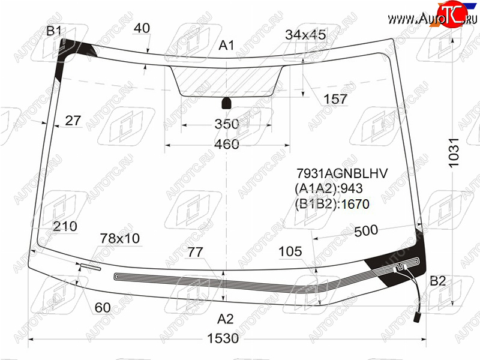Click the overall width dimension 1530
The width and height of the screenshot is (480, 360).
click(x=223, y=338)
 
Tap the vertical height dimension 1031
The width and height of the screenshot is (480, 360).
click(x=454, y=152)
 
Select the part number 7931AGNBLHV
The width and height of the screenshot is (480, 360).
click(x=342, y=173)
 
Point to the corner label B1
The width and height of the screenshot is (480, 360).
click(x=54, y=31)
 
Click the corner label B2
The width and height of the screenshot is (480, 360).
click(x=438, y=281)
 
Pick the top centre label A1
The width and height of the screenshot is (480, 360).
click(x=226, y=46)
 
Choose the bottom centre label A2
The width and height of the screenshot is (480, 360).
click(x=226, y=319)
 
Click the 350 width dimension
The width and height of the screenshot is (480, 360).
click(x=227, y=124)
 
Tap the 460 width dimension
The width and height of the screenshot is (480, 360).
click(x=227, y=144)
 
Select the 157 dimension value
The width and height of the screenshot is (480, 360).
click(x=335, y=99)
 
